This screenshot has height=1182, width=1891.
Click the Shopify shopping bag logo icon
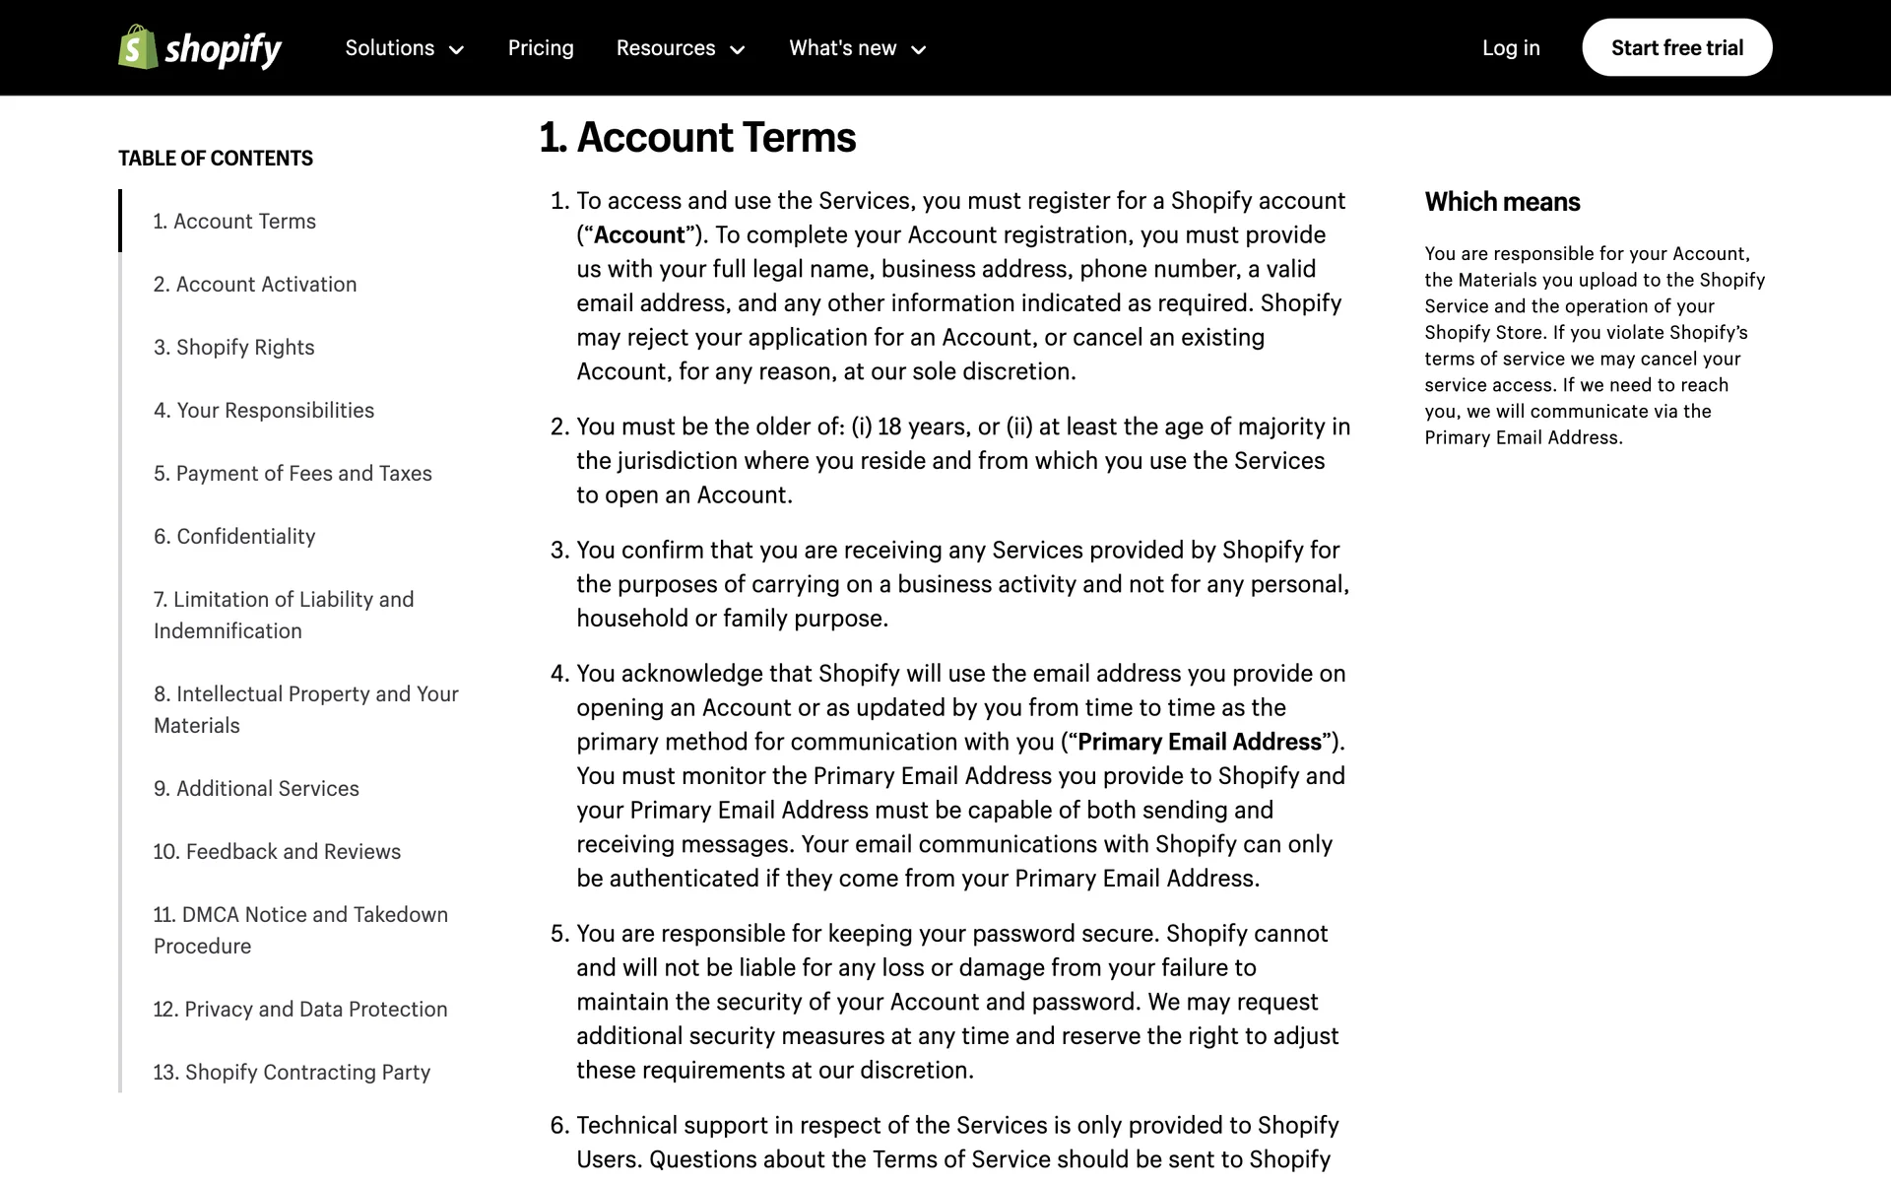138,47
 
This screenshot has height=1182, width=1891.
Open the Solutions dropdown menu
404,48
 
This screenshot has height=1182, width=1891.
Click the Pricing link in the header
541,48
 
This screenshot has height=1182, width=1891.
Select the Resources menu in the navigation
681,48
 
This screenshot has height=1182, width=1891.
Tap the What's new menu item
858,48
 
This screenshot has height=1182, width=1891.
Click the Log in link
1511,48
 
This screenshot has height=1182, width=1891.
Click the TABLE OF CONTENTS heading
216,159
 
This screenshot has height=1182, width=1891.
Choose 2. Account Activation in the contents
255,285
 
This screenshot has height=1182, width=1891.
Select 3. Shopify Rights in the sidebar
233,348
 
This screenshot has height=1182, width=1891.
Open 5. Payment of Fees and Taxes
293,474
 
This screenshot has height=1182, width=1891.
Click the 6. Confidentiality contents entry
234,537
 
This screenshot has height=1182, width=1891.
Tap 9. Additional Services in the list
256,789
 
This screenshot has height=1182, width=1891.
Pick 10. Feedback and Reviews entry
277,852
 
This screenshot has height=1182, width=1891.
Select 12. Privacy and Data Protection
300,1010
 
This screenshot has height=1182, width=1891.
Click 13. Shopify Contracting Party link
292,1073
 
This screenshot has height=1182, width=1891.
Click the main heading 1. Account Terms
697,138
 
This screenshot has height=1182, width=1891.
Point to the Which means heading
1502,202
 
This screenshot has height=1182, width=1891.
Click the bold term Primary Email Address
1200,742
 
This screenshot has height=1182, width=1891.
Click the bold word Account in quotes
639,235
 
